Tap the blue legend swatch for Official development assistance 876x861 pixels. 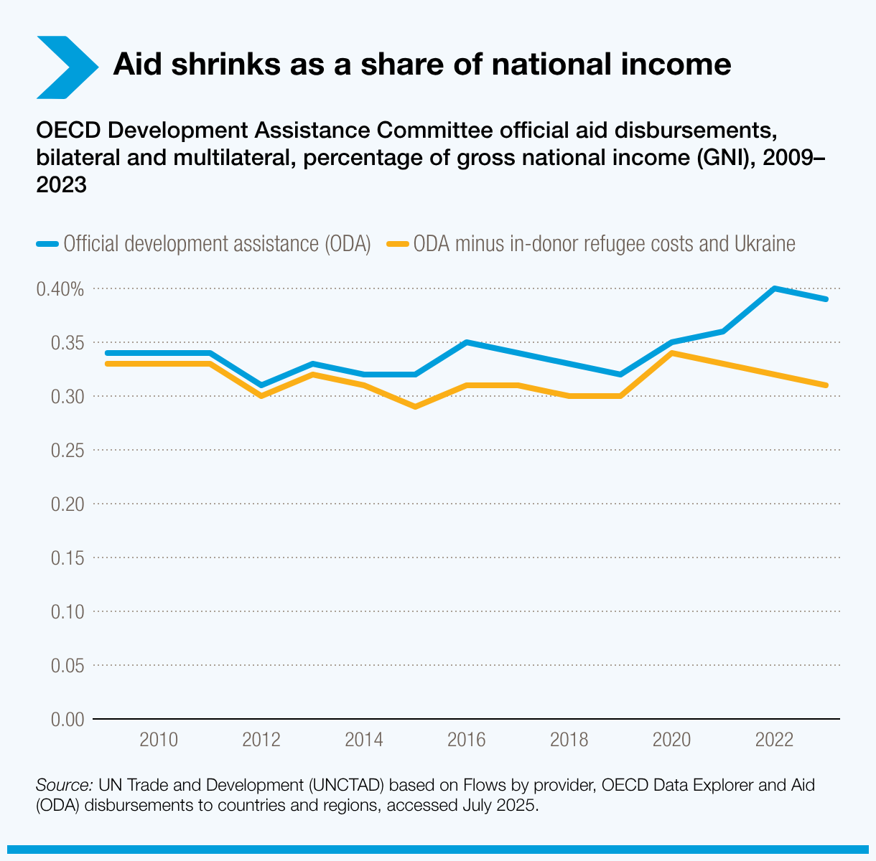click(47, 244)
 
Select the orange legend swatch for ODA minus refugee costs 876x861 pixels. click(398, 244)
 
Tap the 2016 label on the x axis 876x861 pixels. click(467, 740)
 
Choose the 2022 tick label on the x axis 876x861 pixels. click(774, 740)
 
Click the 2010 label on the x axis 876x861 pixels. click(159, 740)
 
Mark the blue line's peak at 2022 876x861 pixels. click(774, 288)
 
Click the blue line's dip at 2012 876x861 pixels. click(261, 385)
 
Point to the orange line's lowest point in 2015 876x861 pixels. click(415, 407)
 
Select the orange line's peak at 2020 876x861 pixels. click(671, 353)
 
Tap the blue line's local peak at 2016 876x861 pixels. click(467, 342)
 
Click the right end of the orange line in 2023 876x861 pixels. click(826, 385)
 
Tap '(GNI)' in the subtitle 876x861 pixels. click(723, 158)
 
